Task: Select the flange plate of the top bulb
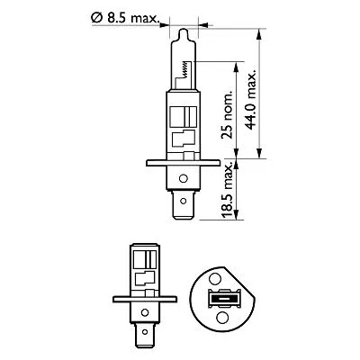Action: (183, 164)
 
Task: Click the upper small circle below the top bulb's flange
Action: (184, 176)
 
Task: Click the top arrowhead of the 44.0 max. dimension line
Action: (257, 34)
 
